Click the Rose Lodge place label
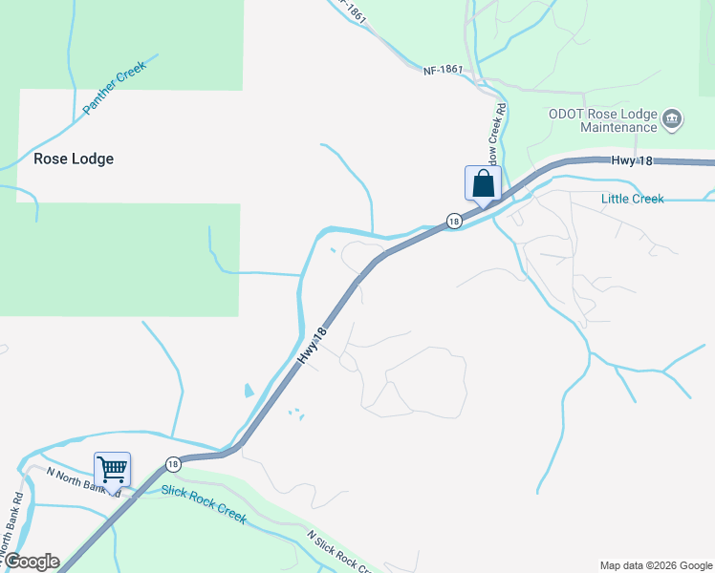click(x=74, y=159)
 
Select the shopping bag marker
click(x=483, y=182)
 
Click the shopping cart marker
click(x=112, y=470)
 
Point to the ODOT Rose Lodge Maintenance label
click(x=602, y=119)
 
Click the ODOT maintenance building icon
click(x=672, y=119)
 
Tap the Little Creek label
click(x=632, y=199)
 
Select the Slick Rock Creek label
click(x=204, y=503)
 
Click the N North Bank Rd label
click(x=82, y=480)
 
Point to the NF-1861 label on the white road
click(x=442, y=70)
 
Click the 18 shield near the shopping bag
click(x=453, y=221)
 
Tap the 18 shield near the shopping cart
click(x=172, y=464)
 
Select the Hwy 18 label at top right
click(x=632, y=161)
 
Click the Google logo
click(x=31, y=562)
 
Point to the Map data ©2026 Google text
click(x=656, y=565)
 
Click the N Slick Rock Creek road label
click(x=339, y=553)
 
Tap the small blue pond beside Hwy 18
click(x=249, y=391)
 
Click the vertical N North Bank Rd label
click(x=18, y=512)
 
